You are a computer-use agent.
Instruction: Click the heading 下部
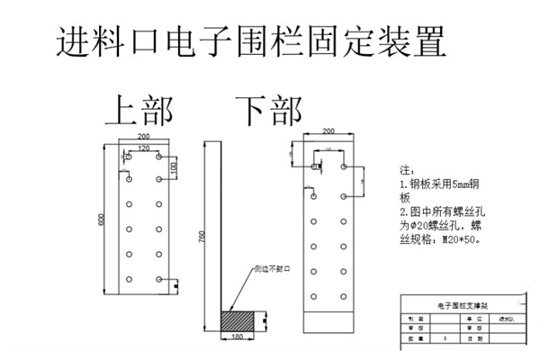pyautogui.click(x=267, y=111)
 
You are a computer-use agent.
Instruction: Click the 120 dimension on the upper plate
pyautogui.click(x=144, y=148)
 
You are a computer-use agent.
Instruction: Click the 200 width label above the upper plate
pyautogui.click(x=143, y=137)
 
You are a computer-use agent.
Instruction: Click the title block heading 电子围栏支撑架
pyautogui.click(x=461, y=306)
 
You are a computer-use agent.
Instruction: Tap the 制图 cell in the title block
pyautogui.click(x=413, y=319)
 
